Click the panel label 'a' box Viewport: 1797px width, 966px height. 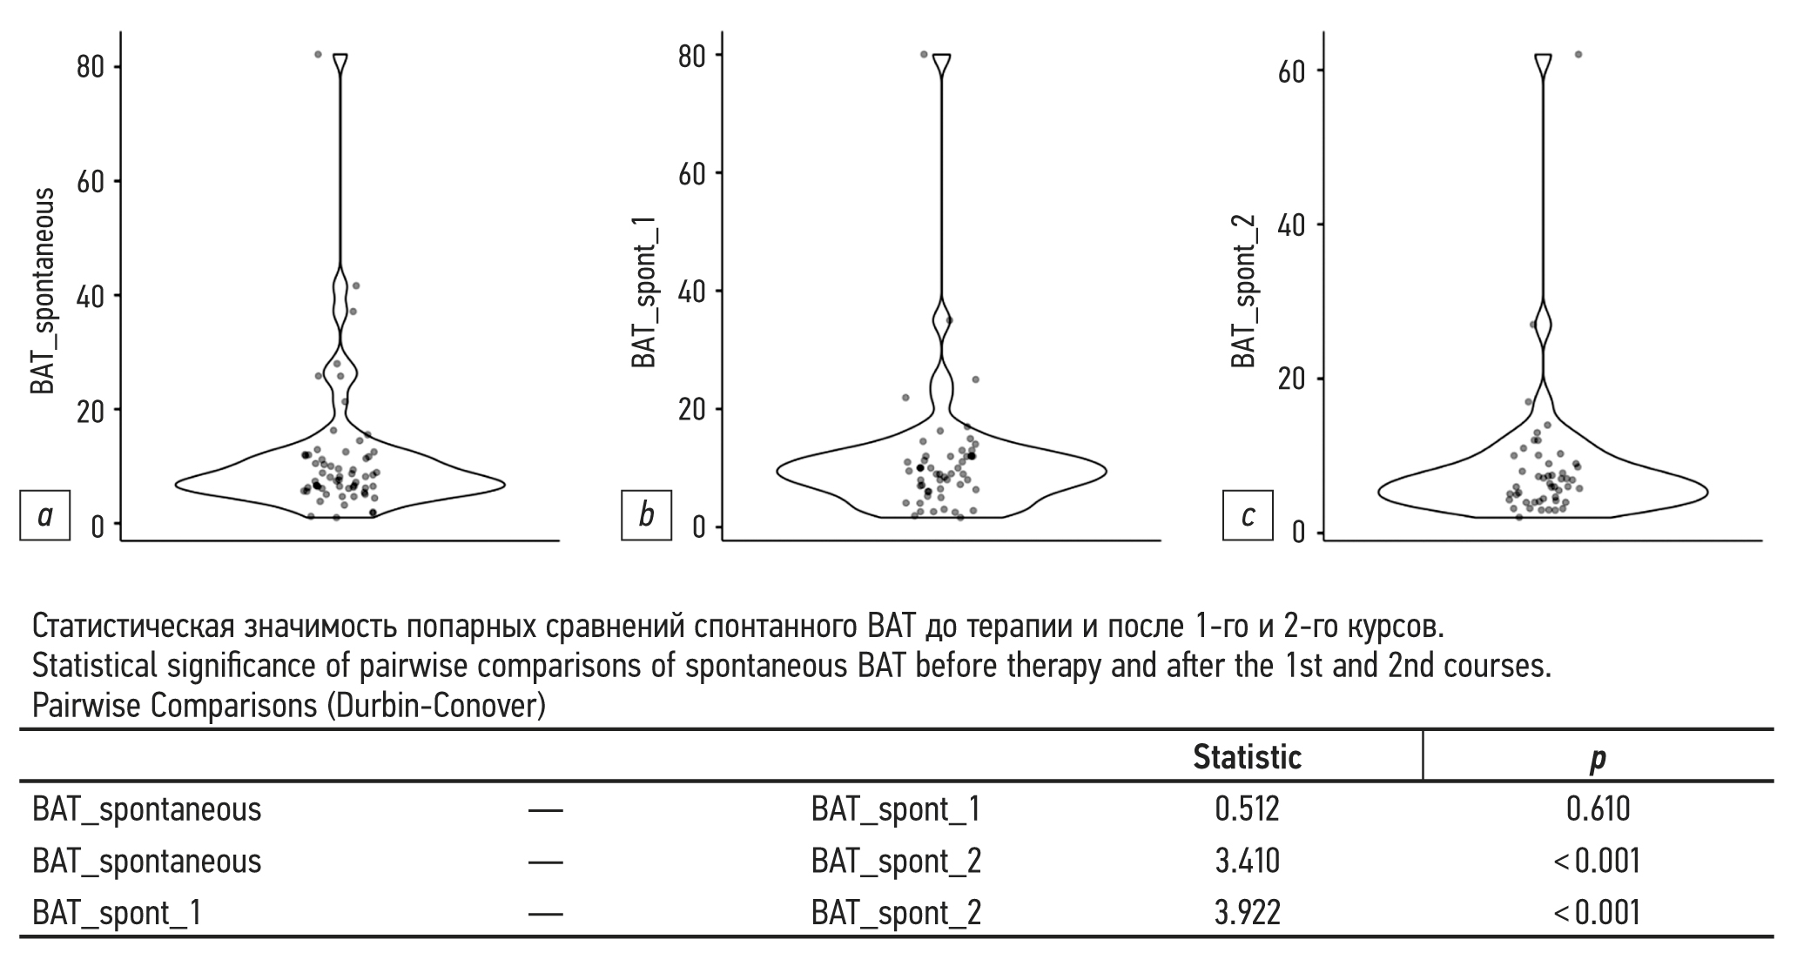44,516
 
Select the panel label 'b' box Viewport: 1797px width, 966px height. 646,516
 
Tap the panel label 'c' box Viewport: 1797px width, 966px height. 1248,516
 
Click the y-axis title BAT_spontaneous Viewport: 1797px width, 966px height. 43,291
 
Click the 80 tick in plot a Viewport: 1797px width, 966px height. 91,67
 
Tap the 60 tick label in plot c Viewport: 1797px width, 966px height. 1292,70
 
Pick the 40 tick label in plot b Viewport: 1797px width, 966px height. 692,291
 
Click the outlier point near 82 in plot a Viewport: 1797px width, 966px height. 318,54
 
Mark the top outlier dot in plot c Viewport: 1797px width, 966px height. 1578,54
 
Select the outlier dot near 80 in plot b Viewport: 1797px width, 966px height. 924,54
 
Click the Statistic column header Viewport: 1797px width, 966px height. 1247,757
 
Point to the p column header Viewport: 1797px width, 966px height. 1598,758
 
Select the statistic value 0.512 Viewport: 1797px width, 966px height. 1247,809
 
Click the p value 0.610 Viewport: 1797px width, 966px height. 1598,809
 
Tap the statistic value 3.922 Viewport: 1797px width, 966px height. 1247,913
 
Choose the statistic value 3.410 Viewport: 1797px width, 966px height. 1247,862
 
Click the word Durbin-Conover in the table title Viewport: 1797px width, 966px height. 435,706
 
